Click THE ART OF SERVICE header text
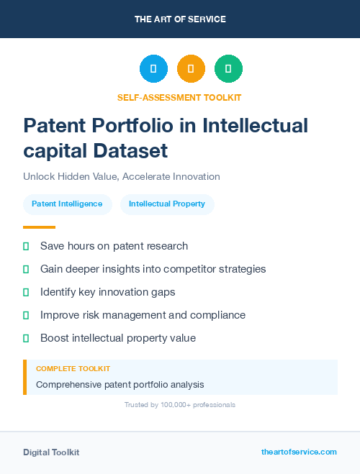click(x=180, y=19)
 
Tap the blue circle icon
click(x=153, y=69)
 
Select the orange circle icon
click(x=191, y=69)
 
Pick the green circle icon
click(x=228, y=69)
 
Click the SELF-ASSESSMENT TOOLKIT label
click(x=179, y=97)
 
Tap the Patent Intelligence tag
click(x=67, y=204)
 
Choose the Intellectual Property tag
click(x=167, y=204)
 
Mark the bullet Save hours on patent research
click(x=114, y=246)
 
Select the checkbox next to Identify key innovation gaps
click(x=26, y=292)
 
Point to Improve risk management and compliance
click(x=143, y=315)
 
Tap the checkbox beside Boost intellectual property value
click(x=26, y=338)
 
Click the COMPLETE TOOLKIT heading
click(x=73, y=368)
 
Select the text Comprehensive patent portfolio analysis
click(x=120, y=385)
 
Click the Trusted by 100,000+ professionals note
click(x=179, y=405)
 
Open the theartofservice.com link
click(x=299, y=452)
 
